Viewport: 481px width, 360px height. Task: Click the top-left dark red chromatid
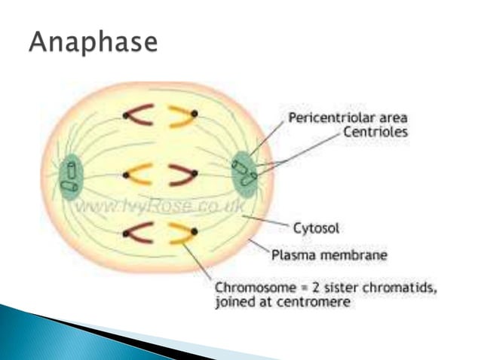tap(139, 115)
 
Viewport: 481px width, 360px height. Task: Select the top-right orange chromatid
tap(181, 115)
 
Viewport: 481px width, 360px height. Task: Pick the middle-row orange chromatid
tap(139, 175)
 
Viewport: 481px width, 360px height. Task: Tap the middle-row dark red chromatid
tap(182, 175)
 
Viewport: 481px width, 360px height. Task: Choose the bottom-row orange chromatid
tap(181, 233)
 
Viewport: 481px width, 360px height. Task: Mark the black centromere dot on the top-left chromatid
tap(125, 115)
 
